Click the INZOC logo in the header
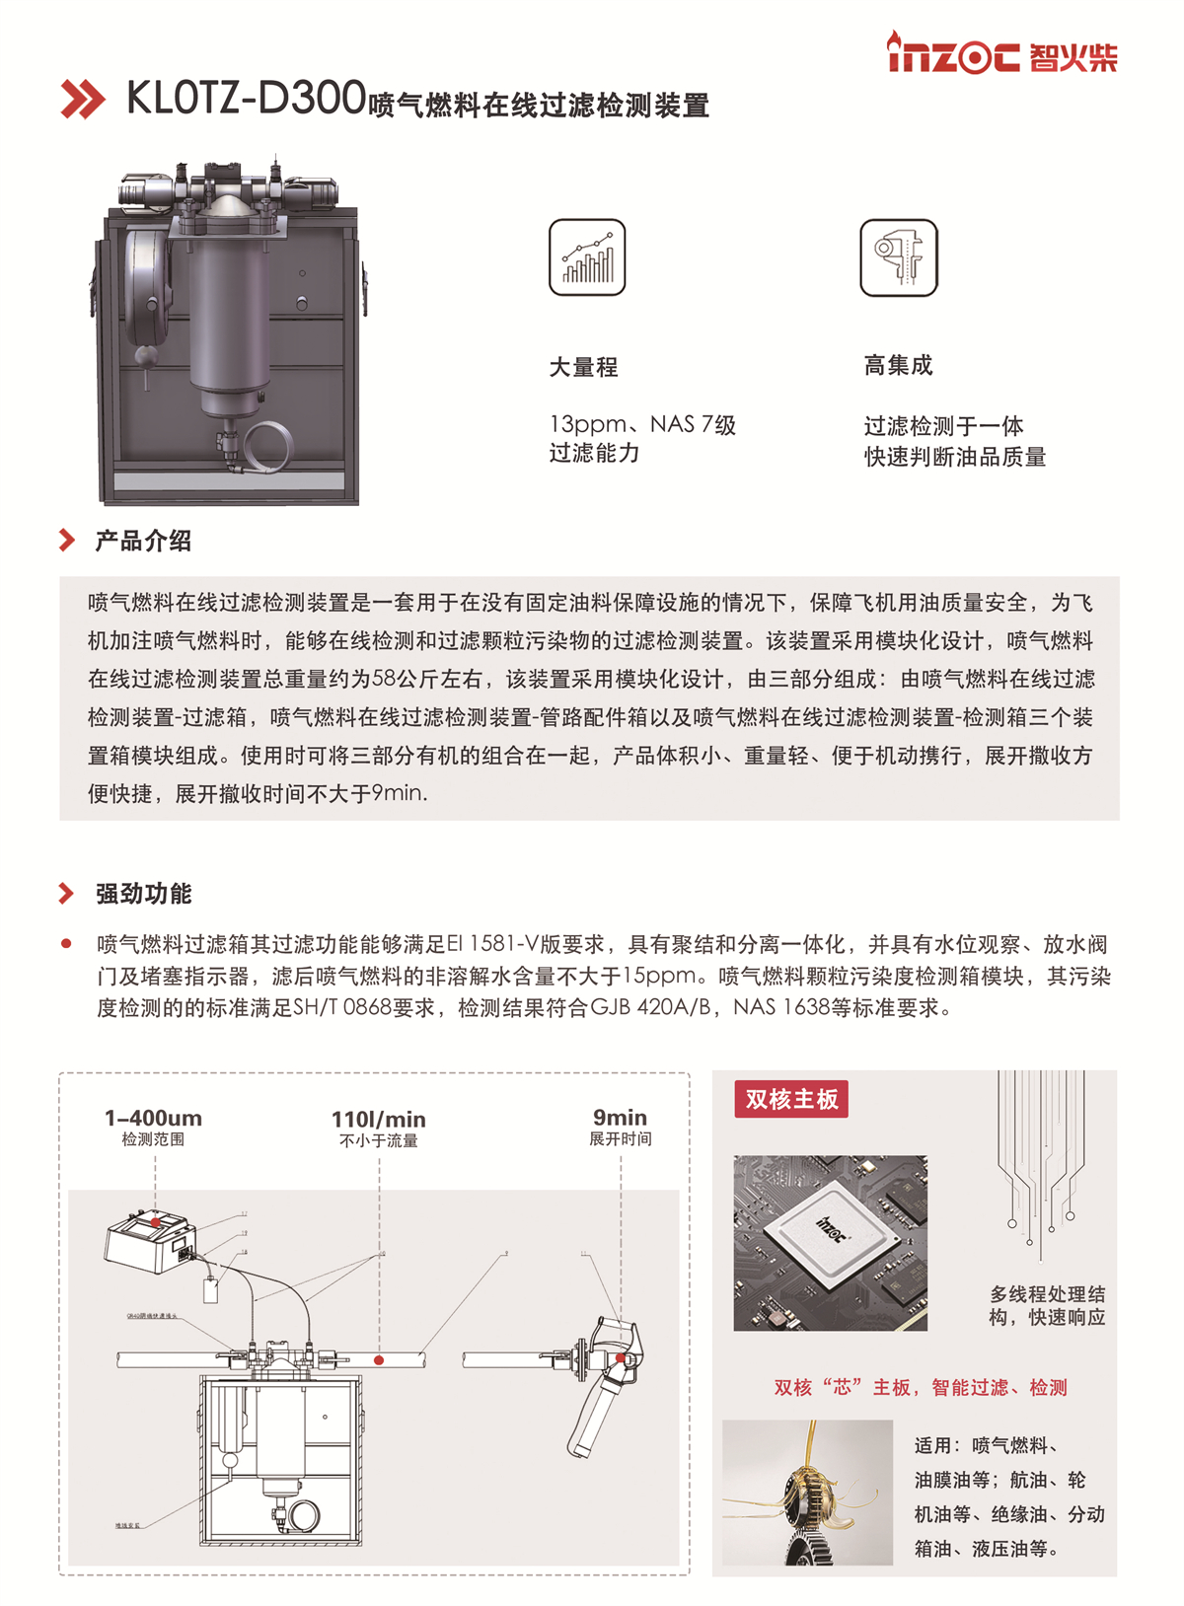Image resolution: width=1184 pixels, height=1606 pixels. (1001, 54)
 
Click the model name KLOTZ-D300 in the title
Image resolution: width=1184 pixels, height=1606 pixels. (247, 99)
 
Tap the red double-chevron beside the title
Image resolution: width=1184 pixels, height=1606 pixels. (83, 100)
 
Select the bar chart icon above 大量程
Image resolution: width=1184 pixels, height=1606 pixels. (587, 257)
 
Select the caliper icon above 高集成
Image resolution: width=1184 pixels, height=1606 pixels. (898, 257)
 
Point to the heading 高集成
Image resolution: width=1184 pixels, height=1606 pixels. (898, 366)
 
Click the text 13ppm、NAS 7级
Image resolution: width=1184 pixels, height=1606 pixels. (642, 425)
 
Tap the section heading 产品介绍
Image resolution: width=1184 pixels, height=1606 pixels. (143, 541)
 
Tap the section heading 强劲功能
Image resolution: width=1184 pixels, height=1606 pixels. (143, 894)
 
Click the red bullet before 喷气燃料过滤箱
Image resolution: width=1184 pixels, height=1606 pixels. (66, 944)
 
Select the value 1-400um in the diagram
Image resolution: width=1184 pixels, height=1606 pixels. (153, 1119)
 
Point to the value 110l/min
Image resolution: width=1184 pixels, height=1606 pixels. (379, 1120)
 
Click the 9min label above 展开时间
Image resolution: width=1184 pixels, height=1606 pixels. (620, 1118)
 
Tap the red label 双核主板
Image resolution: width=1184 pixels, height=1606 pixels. (791, 1099)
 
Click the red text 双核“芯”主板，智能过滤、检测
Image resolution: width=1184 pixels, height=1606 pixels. (920, 1388)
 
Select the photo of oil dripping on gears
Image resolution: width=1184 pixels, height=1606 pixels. (807, 1492)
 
